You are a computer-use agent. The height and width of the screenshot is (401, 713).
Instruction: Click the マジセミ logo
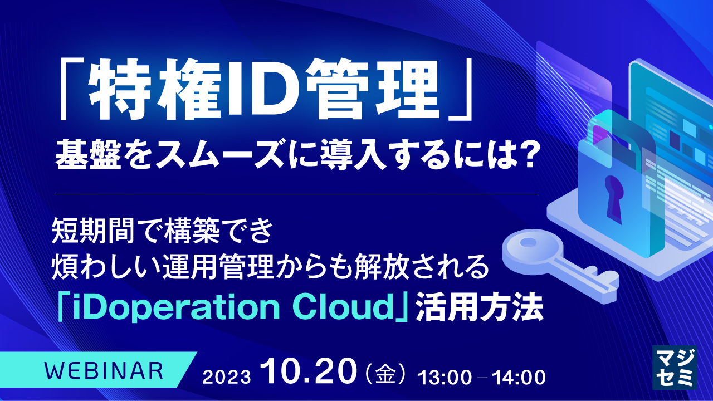click(x=674, y=366)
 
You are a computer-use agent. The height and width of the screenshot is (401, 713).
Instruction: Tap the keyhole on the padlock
click(x=613, y=195)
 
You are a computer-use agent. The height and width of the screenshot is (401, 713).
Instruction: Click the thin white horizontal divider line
click(x=296, y=194)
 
